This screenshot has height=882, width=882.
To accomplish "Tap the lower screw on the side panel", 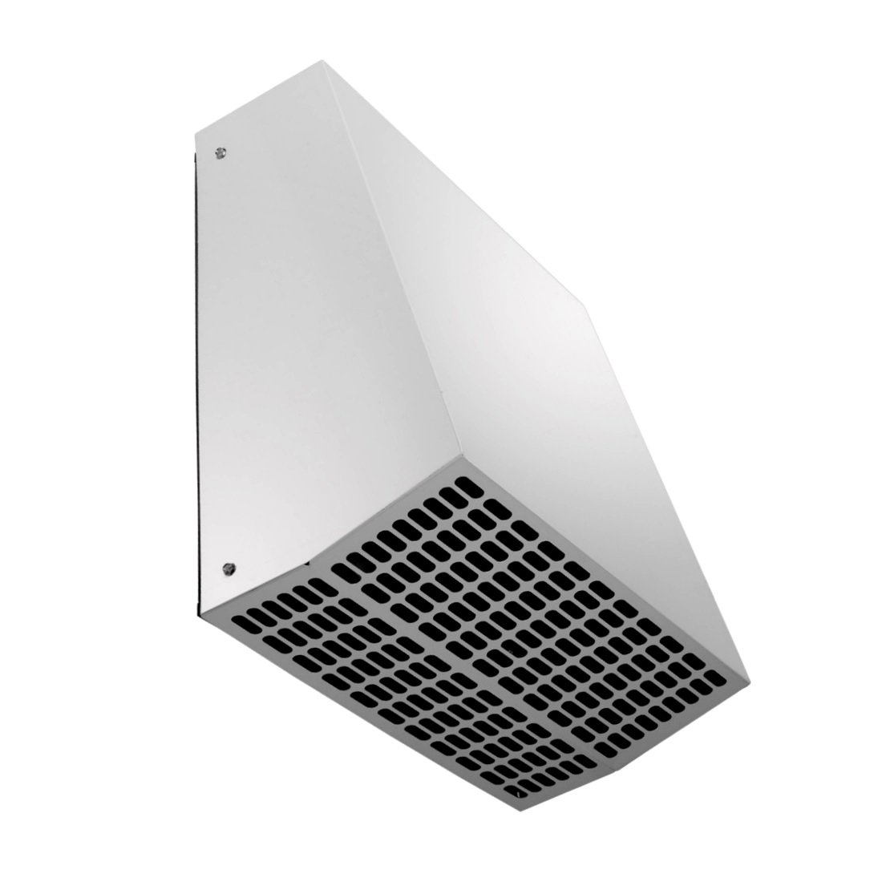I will [227, 567].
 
